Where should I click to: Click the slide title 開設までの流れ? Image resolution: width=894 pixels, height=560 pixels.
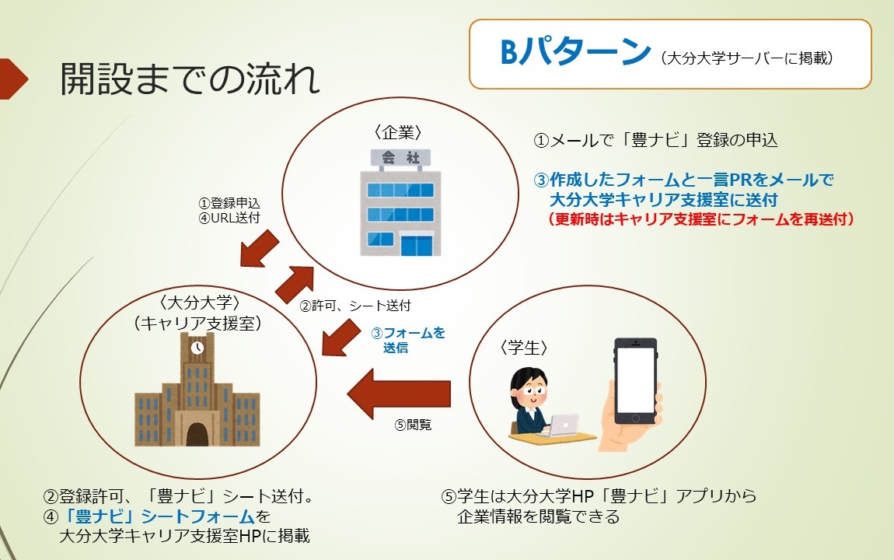(190, 78)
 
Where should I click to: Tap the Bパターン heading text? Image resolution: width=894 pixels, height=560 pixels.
(574, 52)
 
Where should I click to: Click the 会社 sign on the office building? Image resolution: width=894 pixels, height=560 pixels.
(400, 157)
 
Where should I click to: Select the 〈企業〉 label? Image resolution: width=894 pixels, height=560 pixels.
(398, 132)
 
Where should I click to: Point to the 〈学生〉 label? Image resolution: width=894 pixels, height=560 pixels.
(523, 348)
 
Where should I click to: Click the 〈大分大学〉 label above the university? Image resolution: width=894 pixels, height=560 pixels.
(200, 303)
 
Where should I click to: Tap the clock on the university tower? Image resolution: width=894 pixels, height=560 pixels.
(197, 348)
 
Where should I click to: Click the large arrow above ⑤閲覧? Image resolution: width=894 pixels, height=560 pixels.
(399, 394)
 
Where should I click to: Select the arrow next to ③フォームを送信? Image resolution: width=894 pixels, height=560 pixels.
(341, 338)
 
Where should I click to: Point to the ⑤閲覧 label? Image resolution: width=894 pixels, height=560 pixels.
(413, 425)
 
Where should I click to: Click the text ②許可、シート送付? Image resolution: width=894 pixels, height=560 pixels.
(355, 306)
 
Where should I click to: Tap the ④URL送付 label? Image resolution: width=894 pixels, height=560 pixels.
(229, 218)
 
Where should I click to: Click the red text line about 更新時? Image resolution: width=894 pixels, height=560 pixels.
(700, 219)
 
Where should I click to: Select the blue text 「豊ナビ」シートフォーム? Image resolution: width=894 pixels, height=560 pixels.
(159, 516)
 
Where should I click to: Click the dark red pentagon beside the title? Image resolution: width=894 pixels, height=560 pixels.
(12, 79)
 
